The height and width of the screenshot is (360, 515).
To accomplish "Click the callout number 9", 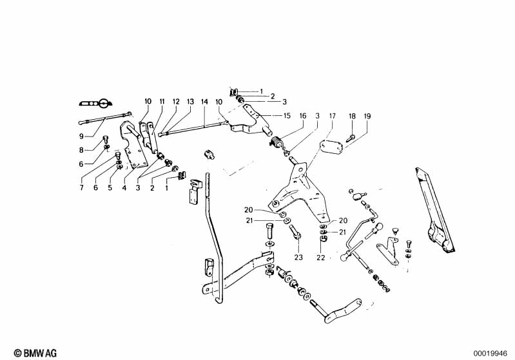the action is click(x=81, y=136).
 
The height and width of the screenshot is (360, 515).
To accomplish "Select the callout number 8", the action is click(x=81, y=150).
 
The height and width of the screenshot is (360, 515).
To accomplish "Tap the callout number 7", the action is click(x=81, y=187).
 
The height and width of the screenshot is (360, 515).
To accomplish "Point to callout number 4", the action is click(x=124, y=187).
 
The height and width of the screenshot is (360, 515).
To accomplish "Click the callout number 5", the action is click(x=110, y=187).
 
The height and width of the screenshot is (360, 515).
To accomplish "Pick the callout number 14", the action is click(x=204, y=102).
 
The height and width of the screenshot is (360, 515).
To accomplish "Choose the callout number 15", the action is click(x=287, y=115).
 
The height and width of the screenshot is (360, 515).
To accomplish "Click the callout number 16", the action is click(x=303, y=115).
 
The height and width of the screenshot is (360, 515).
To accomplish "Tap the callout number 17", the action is click(x=333, y=116).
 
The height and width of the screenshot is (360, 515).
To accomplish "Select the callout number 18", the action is click(x=352, y=116).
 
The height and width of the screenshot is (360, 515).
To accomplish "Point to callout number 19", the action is click(x=367, y=116).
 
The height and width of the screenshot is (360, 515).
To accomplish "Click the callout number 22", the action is click(x=321, y=258).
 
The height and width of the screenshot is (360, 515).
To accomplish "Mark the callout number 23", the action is click(x=298, y=258).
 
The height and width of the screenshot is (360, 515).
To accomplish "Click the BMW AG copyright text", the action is click(x=35, y=353).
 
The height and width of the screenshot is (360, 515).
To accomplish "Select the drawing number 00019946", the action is click(x=491, y=354).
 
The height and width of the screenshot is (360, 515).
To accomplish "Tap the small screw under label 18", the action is click(x=349, y=138).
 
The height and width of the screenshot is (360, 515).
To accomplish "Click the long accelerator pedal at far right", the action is click(x=435, y=211).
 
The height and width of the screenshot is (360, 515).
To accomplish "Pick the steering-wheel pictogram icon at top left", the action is click(x=95, y=103).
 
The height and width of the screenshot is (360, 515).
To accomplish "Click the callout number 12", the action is click(x=177, y=102).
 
